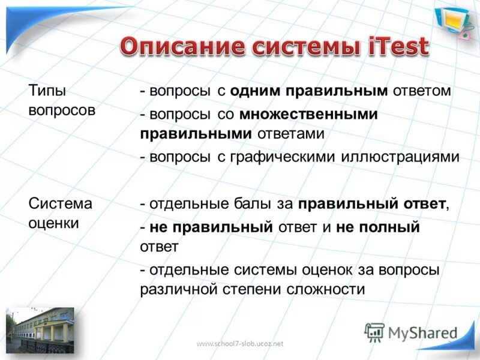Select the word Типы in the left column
(x=47, y=91)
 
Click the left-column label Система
(x=61, y=203)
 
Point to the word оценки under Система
(x=54, y=223)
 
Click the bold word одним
(x=256, y=91)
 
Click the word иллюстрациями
(x=400, y=157)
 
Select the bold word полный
(x=391, y=227)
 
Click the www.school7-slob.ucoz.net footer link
(x=239, y=343)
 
